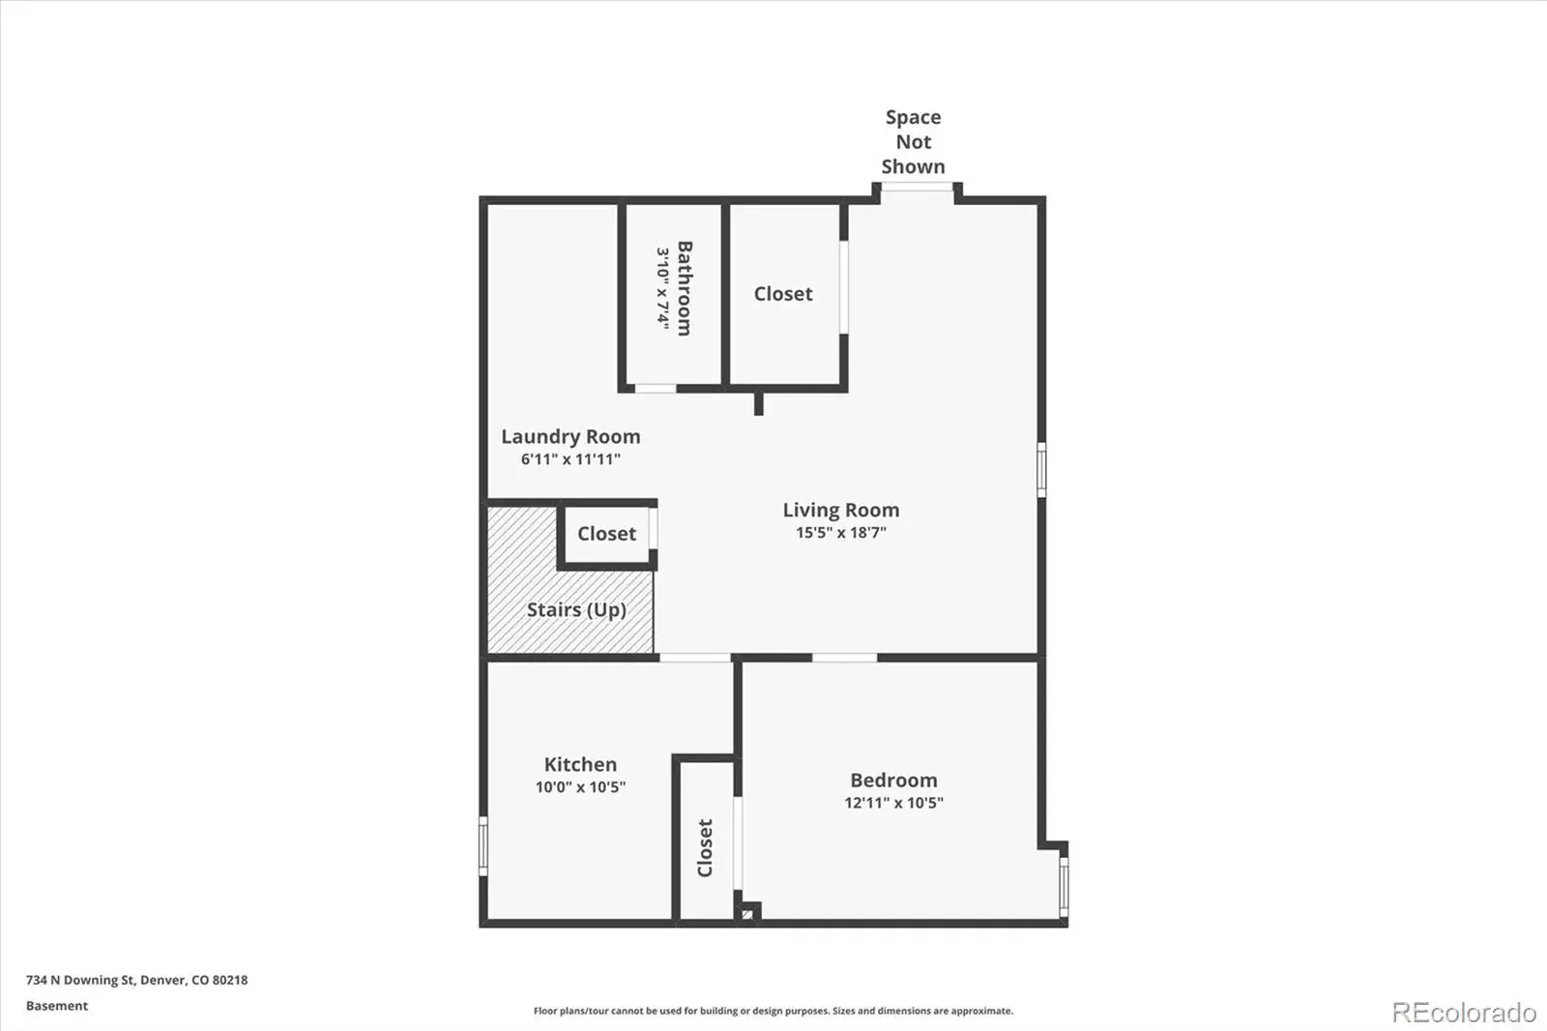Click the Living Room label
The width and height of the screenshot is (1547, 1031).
[x=840, y=510]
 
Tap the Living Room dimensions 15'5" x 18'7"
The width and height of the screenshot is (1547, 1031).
[x=840, y=532]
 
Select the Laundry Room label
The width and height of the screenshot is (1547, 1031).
[x=570, y=437]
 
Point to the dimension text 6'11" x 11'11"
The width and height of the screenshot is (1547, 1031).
[x=570, y=458]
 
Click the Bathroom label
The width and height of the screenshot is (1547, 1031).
[x=685, y=288]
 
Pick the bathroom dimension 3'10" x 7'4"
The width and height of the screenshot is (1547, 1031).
[x=663, y=288]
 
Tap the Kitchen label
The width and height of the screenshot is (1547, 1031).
[x=580, y=764]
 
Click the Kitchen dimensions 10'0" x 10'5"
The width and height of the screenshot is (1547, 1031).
[x=580, y=786]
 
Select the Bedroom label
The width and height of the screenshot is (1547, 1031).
[x=893, y=781]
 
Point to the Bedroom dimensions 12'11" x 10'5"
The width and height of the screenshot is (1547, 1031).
[x=893, y=803]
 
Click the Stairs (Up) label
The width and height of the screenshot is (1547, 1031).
[x=576, y=609]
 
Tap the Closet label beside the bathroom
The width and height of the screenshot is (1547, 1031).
[x=783, y=294]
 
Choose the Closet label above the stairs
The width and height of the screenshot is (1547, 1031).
[x=606, y=534]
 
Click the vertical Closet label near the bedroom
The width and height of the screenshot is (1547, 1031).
[x=705, y=848]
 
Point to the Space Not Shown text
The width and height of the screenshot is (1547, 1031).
[x=913, y=141]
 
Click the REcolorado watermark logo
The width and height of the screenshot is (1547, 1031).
[x=1464, y=1013]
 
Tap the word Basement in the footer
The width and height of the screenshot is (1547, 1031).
[x=57, y=1006]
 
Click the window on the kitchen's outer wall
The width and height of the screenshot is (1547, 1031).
[x=483, y=846]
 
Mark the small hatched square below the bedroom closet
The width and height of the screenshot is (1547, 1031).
[x=747, y=915]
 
